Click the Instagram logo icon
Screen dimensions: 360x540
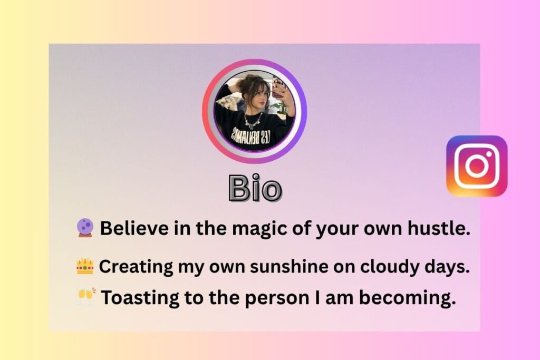click(x=477, y=166)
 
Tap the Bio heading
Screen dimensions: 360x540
click(x=255, y=188)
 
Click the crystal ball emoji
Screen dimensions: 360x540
click(x=84, y=228)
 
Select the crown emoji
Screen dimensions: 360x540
click(x=84, y=266)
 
